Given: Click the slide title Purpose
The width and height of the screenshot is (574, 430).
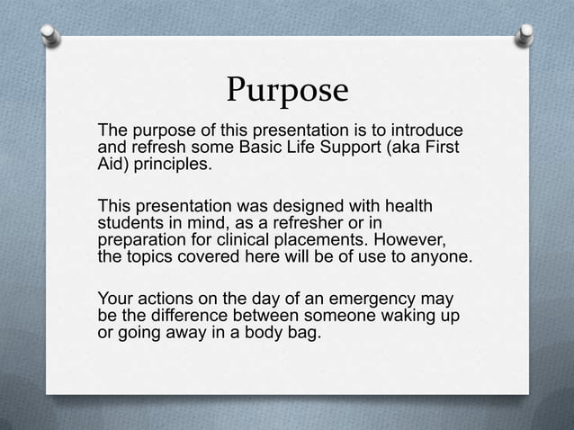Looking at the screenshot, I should coord(286,90).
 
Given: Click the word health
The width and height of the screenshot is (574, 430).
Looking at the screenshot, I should coord(406,208).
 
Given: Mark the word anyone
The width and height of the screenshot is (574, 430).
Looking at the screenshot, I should coord(438,258).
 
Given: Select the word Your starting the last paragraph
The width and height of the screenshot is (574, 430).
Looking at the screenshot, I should coord(115,299).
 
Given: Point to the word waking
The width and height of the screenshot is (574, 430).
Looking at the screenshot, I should coord(398,316).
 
